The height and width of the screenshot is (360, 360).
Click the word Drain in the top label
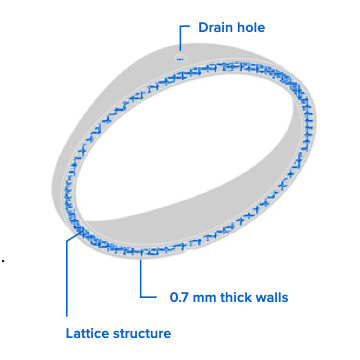tap(219, 26)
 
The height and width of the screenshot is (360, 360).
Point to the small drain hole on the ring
tap(180, 57)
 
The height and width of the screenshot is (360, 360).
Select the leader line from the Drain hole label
tap(180, 40)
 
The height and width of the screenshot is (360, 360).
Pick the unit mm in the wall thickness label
tap(203, 297)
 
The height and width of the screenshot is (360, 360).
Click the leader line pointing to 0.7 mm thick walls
tap(142, 280)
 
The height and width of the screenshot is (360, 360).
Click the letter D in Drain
tap(203, 26)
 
